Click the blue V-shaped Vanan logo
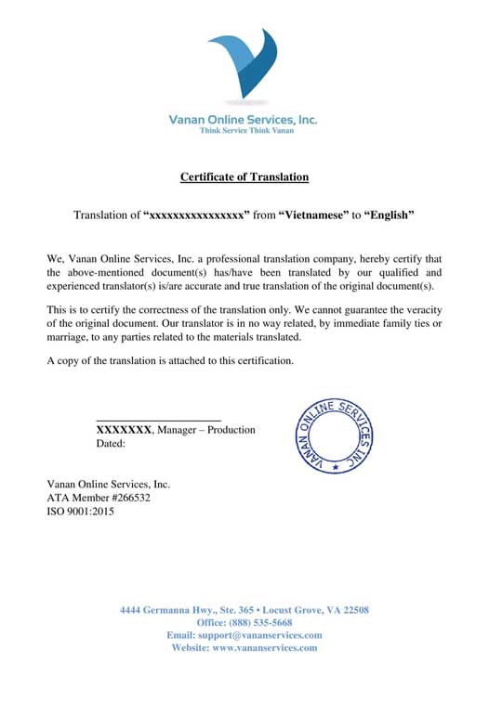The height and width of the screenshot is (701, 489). click(x=243, y=67)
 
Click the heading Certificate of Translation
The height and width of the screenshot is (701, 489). click(x=244, y=176)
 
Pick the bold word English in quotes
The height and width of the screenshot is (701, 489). click(x=388, y=215)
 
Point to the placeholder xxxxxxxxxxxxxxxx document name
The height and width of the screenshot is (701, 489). click(x=196, y=215)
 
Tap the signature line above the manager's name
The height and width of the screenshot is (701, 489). click(x=158, y=421)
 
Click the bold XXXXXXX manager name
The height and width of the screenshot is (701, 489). click(x=124, y=430)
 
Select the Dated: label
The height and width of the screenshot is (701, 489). click(x=111, y=444)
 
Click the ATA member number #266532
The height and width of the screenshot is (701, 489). click(x=126, y=498)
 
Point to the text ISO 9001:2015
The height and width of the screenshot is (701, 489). click(x=80, y=511)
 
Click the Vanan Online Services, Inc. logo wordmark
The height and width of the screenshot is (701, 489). click(x=243, y=120)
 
